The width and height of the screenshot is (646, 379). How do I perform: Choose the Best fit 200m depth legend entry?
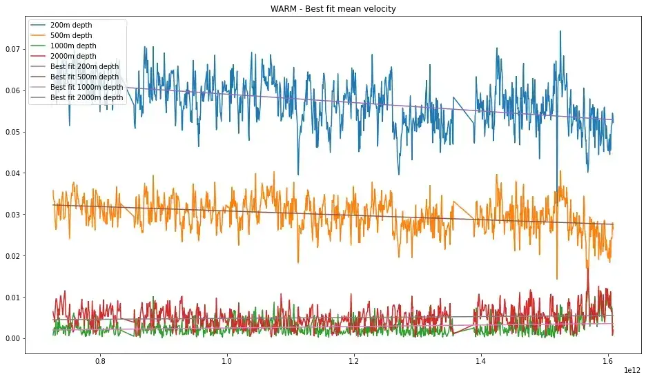tap(85, 66)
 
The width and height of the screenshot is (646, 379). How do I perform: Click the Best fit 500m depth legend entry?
tap(85, 77)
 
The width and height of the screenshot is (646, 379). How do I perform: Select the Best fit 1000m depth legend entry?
tap(87, 87)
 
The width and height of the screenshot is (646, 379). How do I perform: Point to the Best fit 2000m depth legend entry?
tap(87, 97)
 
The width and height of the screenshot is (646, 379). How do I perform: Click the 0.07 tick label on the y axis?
tap(12, 49)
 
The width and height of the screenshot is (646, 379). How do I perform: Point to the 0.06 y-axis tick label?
tap(12, 90)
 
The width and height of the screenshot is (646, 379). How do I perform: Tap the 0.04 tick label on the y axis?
tap(12, 173)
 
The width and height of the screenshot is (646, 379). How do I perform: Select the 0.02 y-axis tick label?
tap(12, 256)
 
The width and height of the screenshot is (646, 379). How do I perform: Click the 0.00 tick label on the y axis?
tap(12, 338)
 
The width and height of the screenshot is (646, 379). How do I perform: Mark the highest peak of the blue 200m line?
tap(560, 31)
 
